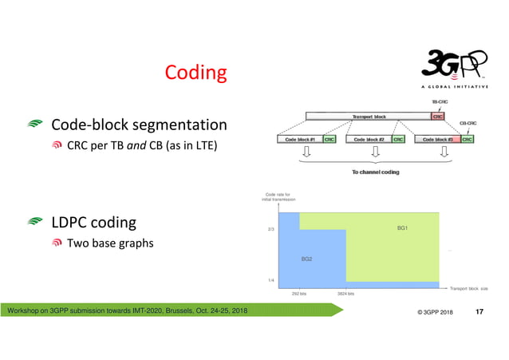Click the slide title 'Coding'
[x=195, y=73]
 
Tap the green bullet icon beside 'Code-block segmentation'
[x=36, y=125]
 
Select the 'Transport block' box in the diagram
[x=369, y=117]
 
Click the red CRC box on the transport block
[x=438, y=117]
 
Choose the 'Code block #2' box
[x=369, y=139]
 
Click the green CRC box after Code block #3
[x=468, y=139]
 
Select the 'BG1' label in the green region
[x=402, y=227]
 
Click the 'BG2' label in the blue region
[x=306, y=259]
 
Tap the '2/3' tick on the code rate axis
[x=270, y=228]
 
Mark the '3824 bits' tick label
[x=346, y=294]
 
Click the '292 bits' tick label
[x=299, y=294]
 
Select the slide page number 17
[x=479, y=311]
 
